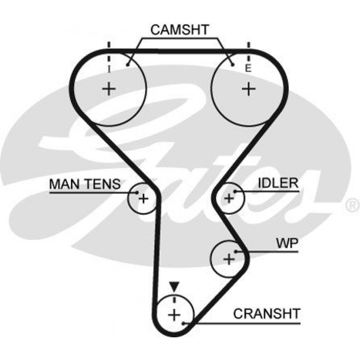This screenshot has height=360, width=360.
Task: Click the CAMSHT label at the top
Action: coord(179,30)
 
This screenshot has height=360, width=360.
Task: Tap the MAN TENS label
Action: coord(85,184)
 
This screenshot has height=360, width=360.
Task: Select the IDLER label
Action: coord(278,184)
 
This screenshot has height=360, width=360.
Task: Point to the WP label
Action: coord(287,244)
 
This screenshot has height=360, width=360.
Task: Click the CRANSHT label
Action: coord(266,314)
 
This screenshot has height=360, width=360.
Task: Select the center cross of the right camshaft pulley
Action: coord(248,89)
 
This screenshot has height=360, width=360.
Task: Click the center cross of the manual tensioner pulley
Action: coord(143,198)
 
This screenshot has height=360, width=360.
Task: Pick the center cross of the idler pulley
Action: coord(229,198)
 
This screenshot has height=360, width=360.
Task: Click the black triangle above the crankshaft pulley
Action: coord(175,287)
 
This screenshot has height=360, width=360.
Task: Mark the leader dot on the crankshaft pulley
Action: coord(184,323)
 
